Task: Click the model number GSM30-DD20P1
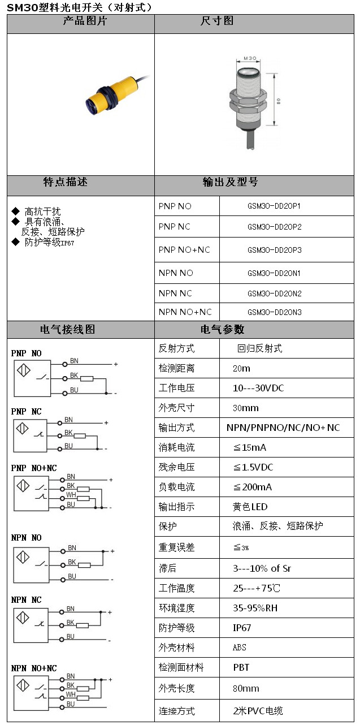(x=274, y=206)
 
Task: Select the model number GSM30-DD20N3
(x=274, y=312)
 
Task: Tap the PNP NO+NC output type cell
(x=184, y=250)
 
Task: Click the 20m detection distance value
(x=241, y=368)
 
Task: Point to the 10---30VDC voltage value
(x=258, y=388)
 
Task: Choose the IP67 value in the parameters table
(x=242, y=628)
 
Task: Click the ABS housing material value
(x=240, y=648)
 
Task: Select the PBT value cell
(x=241, y=667)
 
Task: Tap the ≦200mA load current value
(x=253, y=487)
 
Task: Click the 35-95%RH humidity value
(x=255, y=608)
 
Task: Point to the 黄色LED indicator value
(x=250, y=507)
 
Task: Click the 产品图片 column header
(x=80, y=21)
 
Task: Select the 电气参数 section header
(x=222, y=329)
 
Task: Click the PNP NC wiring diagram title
(x=26, y=411)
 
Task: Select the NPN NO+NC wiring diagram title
(x=34, y=668)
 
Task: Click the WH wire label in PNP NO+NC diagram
(x=71, y=494)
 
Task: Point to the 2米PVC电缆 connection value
(x=258, y=711)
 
